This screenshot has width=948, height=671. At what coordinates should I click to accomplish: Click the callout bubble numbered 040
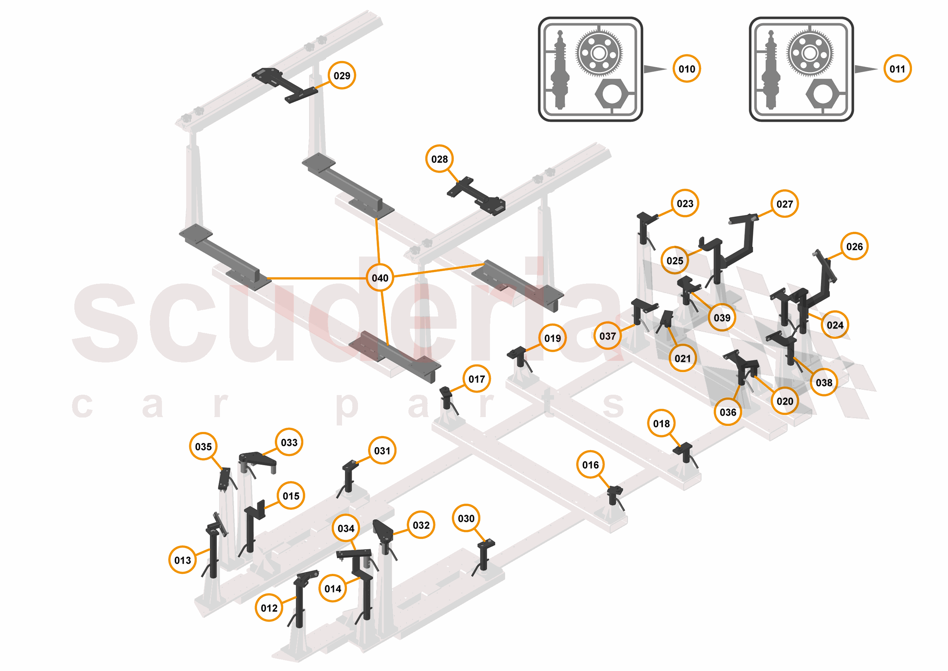tap(380, 278)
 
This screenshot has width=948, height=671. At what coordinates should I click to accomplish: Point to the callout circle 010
tap(686, 69)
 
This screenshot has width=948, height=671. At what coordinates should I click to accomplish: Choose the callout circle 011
tap(897, 69)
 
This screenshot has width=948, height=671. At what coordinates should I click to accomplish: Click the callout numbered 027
tap(784, 204)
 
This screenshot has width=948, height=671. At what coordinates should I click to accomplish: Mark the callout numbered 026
tap(854, 247)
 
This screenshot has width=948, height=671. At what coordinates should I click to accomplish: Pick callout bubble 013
tap(182, 560)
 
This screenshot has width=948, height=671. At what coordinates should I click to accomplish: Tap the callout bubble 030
tap(466, 518)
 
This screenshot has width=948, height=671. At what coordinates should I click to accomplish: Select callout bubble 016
tap(590, 465)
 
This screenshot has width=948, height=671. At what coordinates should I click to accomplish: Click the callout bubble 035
tap(203, 447)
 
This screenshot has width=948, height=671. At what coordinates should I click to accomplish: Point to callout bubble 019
tap(552, 339)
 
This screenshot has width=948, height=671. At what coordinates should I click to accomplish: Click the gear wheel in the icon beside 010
tap(599, 53)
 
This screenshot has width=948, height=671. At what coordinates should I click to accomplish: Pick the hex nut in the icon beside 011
tap(822, 94)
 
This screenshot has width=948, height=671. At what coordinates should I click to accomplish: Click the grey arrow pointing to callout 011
tap(865, 69)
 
